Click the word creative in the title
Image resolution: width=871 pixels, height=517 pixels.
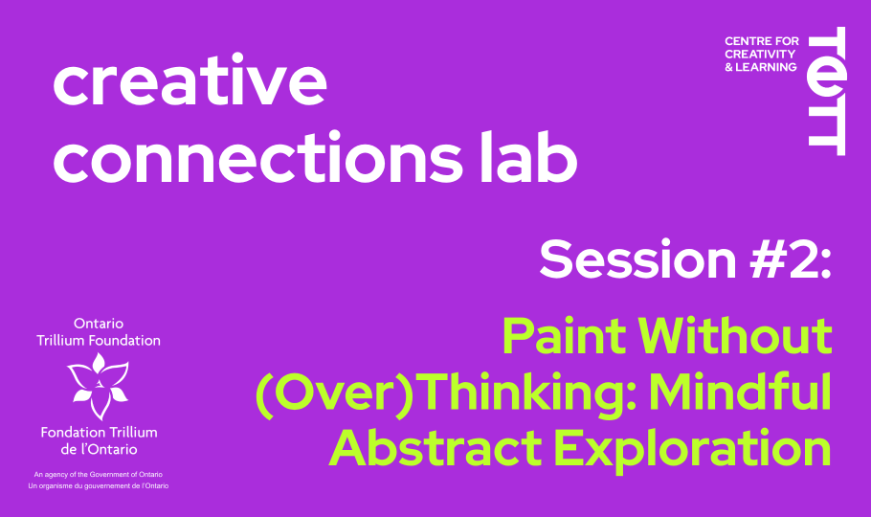pos(190,79)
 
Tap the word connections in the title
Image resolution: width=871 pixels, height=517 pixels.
pos(258,157)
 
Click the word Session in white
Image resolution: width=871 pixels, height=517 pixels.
pos(638,258)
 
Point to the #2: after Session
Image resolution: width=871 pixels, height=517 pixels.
pos(791,258)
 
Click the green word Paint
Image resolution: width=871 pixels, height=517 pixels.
pos(565,336)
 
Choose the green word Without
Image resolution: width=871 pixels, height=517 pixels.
pos(735,336)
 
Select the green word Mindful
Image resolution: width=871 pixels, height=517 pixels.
pos(741,392)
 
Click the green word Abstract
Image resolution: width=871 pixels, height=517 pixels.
pos(436,448)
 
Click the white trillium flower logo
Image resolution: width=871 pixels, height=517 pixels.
pos(99,386)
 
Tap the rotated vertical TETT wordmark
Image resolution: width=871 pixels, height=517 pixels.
pos(827,91)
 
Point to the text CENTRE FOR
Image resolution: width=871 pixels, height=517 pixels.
pos(762,41)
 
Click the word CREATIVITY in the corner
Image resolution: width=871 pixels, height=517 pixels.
pos(760,54)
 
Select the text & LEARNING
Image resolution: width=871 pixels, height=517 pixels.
pos(761,67)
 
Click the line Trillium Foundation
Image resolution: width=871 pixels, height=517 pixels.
pos(99,340)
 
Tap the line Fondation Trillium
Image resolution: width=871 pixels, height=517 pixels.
pos(99,432)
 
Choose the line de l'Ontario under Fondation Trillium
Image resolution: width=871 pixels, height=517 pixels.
pos(99,449)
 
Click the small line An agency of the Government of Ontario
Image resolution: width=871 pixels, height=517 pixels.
pos(99,474)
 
